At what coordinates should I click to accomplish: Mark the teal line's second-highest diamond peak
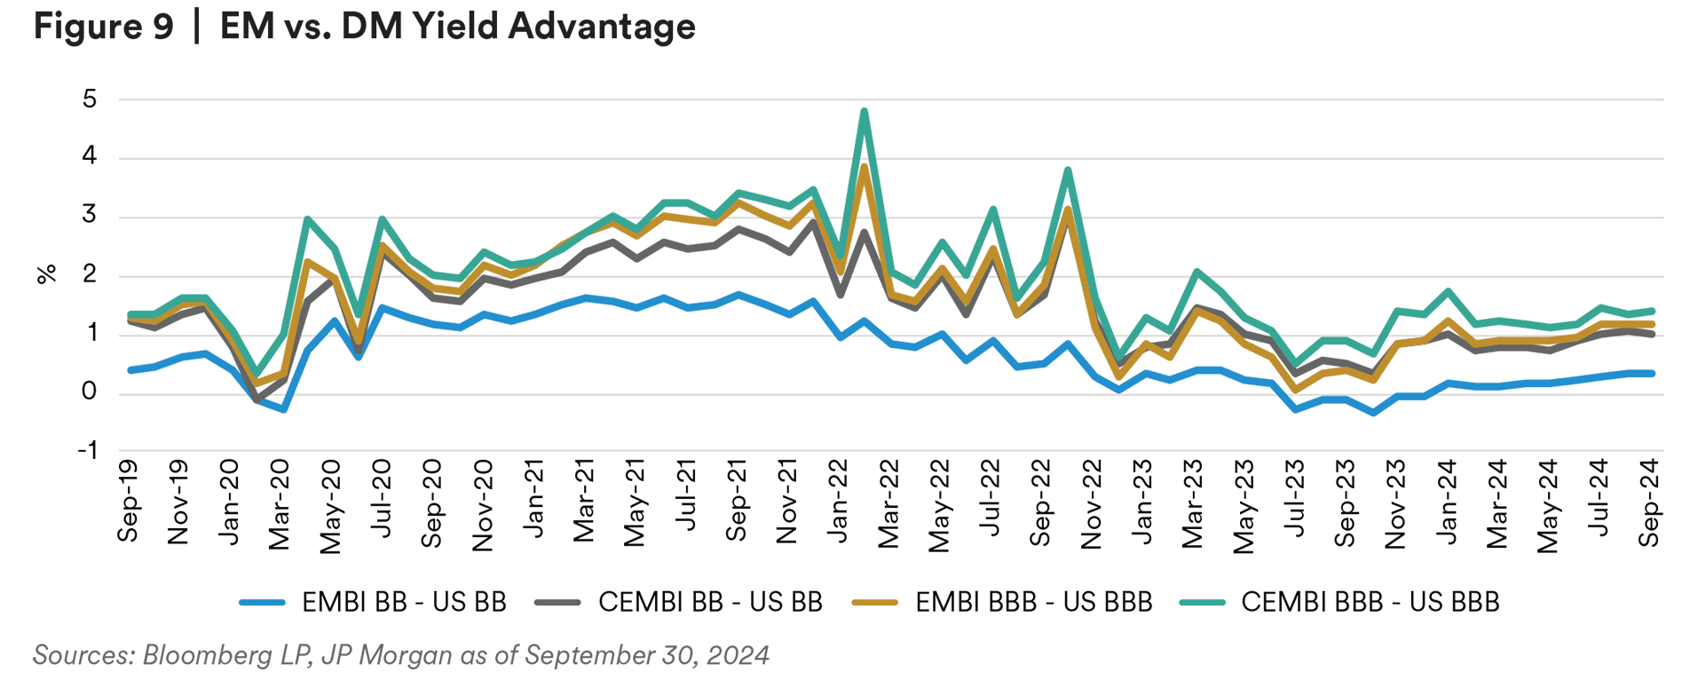[x=1068, y=187]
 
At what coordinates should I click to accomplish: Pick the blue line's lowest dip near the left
[x=277, y=412]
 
